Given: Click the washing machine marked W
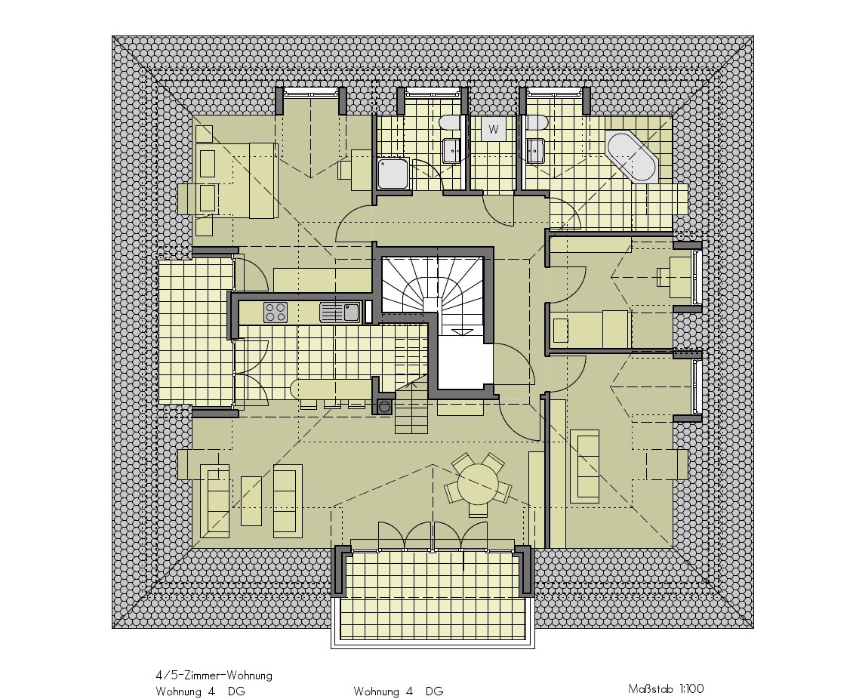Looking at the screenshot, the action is coord(494,130).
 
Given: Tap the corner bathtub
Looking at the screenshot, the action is coord(633,156).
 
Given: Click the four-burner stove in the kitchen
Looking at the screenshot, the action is coord(276,313).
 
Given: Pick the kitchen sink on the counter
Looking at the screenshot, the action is coord(340,313).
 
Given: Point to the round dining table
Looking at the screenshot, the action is coord(479,484).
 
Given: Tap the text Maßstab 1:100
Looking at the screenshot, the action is coord(666,688).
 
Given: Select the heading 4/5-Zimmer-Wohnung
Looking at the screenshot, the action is coord(214,676).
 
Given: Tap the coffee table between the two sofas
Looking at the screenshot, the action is coord(251,500).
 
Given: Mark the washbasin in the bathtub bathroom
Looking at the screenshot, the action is coord(535,150).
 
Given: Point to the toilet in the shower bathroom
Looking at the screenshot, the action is coord(451,122).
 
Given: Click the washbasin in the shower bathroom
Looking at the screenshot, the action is coord(453,150).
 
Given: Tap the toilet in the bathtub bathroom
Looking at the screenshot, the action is coord(535,122).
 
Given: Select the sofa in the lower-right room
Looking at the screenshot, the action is coord(585,466).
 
